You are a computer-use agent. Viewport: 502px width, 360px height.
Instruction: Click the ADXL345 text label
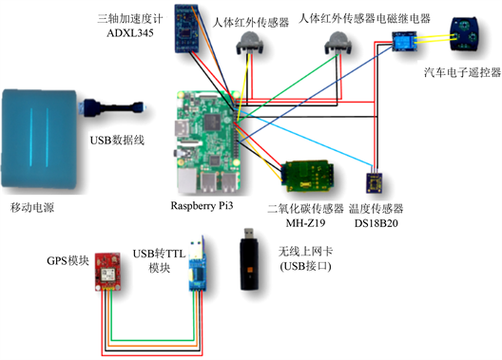pos(130,33)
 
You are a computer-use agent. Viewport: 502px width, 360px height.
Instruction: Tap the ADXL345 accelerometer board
pos(187,28)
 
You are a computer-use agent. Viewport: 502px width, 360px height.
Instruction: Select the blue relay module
pos(405,41)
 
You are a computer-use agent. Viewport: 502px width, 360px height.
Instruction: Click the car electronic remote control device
pos(464,33)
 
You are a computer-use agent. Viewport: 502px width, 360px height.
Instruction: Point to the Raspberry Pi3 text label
pos(202,205)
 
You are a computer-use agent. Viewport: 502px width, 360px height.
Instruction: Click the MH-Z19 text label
pos(305,222)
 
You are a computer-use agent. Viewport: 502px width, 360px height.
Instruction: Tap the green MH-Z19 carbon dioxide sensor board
pos(307,176)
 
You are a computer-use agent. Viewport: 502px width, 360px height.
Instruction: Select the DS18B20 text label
pos(376,223)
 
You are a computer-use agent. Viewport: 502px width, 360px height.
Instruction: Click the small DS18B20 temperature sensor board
pos(374,183)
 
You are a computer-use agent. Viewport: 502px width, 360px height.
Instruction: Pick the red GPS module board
pos(107,272)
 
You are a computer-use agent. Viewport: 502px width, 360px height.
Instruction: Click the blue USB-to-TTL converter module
pos(197,264)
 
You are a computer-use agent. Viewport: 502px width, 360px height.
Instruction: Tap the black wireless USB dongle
pos(249,259)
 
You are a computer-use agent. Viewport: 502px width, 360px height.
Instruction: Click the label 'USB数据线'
pos(117,141)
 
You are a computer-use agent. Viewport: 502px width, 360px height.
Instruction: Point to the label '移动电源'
pos(32,208)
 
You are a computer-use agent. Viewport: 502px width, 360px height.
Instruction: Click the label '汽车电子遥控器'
pos(462,72)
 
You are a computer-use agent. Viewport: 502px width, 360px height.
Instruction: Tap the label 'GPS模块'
pos(68,261)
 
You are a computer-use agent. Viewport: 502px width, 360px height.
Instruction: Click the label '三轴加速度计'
pos(130,19)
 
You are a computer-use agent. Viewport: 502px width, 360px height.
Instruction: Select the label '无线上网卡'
pos(305,252)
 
